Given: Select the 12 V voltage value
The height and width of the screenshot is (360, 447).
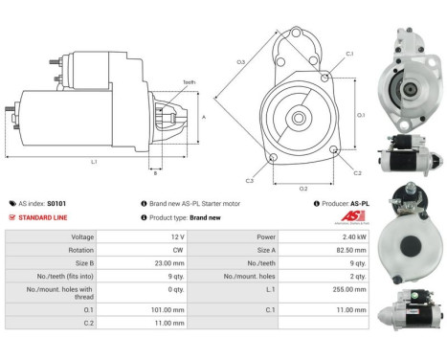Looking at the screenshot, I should [x=168, y=236].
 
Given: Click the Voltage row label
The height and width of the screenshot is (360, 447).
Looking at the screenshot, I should [x=82, y=236].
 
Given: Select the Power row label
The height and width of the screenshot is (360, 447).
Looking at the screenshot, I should [x=266, y=236].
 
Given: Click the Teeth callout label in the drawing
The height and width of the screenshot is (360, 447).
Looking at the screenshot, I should [x=189, y=82].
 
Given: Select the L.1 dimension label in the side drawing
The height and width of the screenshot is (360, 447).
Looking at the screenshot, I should [x=94, y=162].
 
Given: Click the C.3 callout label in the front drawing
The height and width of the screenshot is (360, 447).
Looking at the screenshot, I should [x=249, y=179].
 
